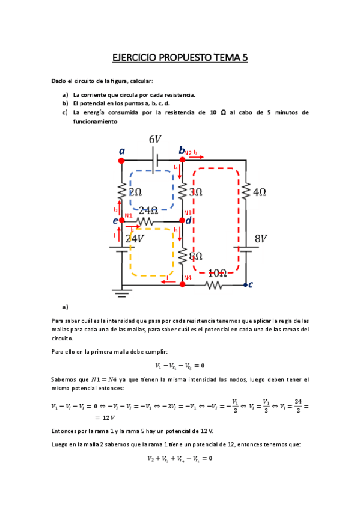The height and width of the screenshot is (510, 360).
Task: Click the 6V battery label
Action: [155, 140]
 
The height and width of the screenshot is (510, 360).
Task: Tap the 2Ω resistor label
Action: [135, 192]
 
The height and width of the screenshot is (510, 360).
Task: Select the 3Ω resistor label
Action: [195, 192]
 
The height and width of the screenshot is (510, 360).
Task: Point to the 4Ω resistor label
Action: [259, 192]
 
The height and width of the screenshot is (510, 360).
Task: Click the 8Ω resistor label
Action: [195, 256]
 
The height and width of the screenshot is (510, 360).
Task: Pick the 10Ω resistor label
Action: [217, 273]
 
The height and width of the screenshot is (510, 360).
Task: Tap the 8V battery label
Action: [260, 239]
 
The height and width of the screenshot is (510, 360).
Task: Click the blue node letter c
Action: [251, 285]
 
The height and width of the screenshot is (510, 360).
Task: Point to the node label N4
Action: [188, 278]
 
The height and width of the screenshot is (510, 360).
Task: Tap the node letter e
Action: [115, 221]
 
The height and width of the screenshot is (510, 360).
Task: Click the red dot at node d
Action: [182, 221]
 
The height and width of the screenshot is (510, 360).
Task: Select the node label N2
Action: [188, 153]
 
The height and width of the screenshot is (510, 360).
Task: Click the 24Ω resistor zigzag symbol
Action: [145, 221]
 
